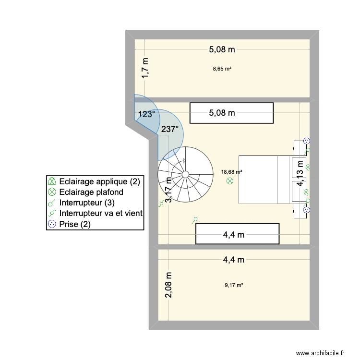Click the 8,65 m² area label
coord(222,69)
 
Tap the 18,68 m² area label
coord(231,171)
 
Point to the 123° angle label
coord(146,114)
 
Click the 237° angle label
coord(170,129)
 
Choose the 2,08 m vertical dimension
coord(169,285)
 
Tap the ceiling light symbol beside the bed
coord(229,181)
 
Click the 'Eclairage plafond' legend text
coord(91,192)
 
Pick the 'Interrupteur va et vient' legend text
coord(101,213)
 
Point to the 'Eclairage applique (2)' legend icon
coord(51,181)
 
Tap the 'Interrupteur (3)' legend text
coord(86,203)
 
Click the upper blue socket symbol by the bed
coord(306,141)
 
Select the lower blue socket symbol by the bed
coord(306,209)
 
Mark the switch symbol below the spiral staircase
coord(195,220)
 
